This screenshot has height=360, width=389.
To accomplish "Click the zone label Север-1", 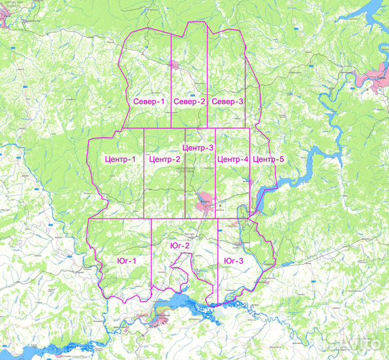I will pyautogui.click(x=149, y=102).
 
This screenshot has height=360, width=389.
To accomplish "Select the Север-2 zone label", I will pyautogui.click(x=189, y=102).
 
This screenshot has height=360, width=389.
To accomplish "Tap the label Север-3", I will pyautogui.click(x=228, y=102).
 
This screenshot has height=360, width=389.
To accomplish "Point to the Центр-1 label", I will pyautogui.click(x=121, y=159).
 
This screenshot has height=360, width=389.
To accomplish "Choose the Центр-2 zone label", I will pyautogui.click(x=165, y=159).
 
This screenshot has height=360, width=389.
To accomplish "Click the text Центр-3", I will pyautogui.click(x=198, y=147).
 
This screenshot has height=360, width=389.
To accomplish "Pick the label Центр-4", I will pyautogui.click(x=233, y=159).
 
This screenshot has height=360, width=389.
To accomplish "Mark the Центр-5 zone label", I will pyautogui.click(x=269, y=159).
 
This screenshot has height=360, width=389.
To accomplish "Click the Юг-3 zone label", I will pyautogui.click(x=234, y=260).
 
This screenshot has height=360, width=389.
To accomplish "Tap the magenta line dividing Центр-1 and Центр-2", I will pyautogui.click(x=144, y=173).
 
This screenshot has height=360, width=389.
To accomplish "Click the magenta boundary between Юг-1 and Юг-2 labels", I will pyautogui.click(x=152, y=253).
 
